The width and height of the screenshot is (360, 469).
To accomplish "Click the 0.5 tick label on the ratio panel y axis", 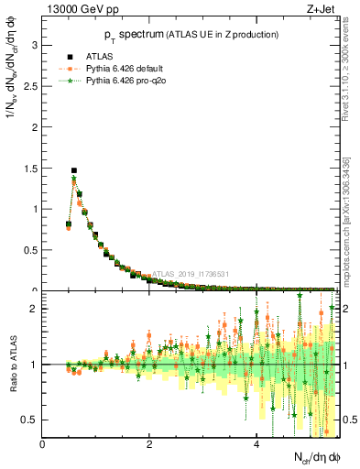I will [29, 420].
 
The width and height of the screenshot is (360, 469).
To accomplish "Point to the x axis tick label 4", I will [256, 444].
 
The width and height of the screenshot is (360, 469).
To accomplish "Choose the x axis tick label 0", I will [43, 444].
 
